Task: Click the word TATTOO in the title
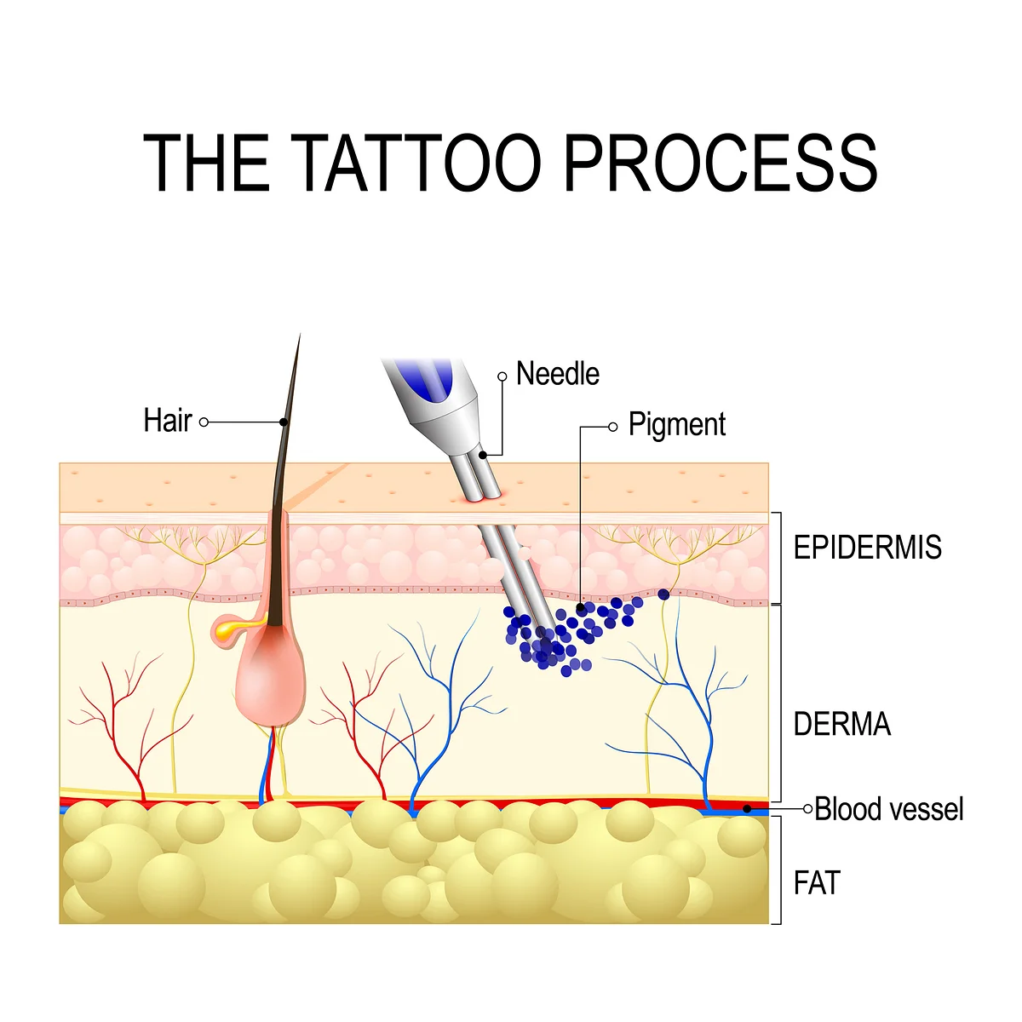tap(416, 163)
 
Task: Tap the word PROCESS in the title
tap(720, 163)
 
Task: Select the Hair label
tap(168, 421)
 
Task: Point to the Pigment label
tap(677, 425)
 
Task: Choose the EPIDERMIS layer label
tap(867, 548)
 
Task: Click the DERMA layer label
tap(841, 723)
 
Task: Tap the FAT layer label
tap(817, 883)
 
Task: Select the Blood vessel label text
tap(889, 809)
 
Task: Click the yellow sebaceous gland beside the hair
tap(232, 629)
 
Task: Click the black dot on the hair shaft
tap(284, 422)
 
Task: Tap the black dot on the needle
tap(483, 455)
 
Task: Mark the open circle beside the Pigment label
tap(613, 427)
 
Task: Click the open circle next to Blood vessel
tap(807, 809)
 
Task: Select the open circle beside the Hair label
tap(204, 422)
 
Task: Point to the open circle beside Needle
tap(502, 376)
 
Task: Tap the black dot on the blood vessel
tap(747, 809)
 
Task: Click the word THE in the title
tap(207, 163)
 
